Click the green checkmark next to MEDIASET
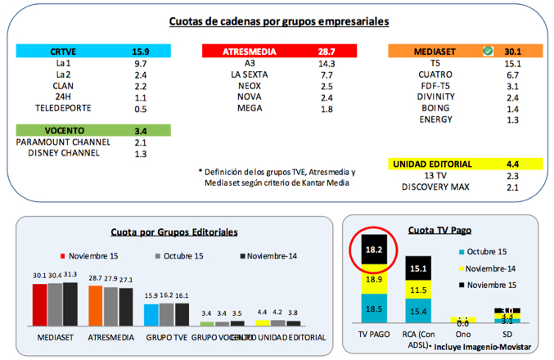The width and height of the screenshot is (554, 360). [x=488, y=51]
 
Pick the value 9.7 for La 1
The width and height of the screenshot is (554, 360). [x=140, y=62]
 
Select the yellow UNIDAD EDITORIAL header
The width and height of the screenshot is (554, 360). [x=442, y=164]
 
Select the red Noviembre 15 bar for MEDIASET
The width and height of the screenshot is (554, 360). [x=40, y=304]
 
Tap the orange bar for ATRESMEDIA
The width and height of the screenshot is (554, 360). [x=96, y=305]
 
